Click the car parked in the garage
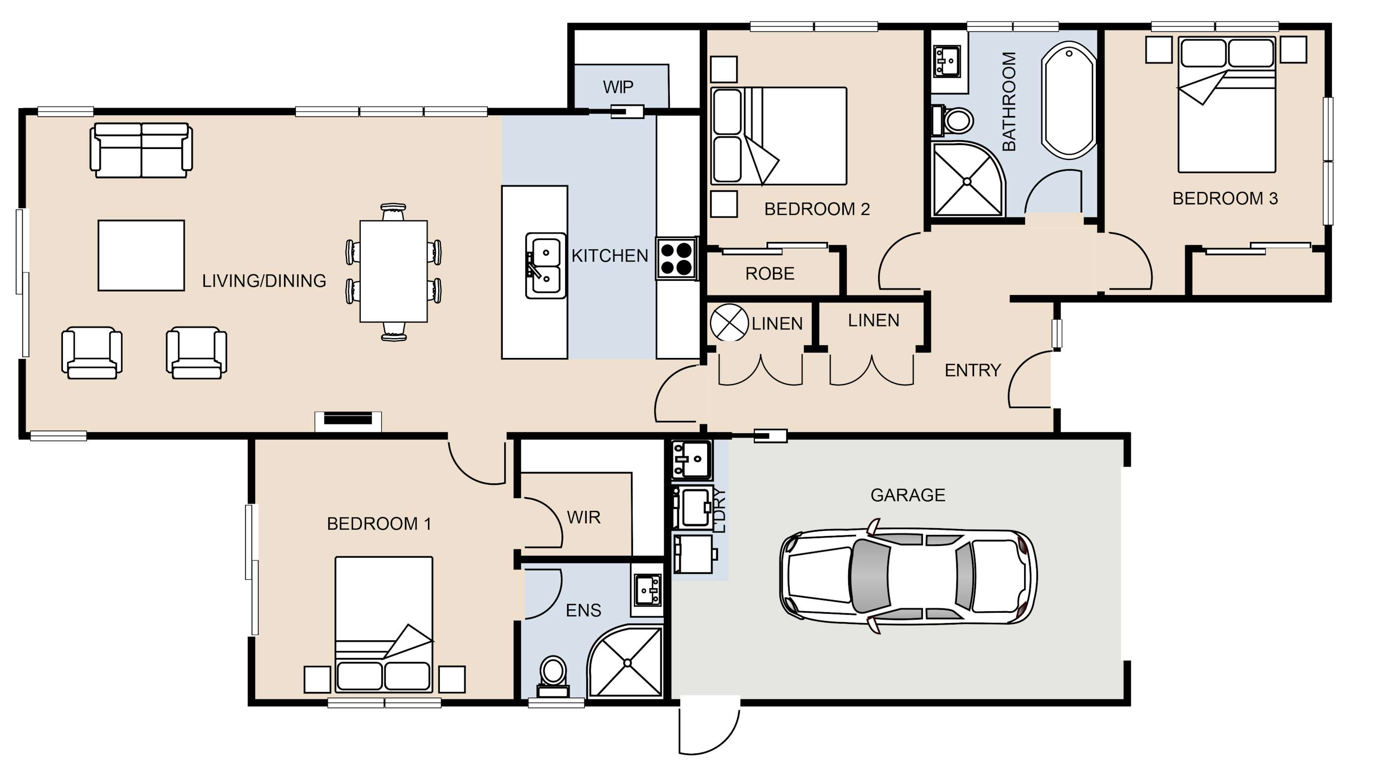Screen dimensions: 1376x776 908,577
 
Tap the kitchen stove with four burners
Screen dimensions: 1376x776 677,259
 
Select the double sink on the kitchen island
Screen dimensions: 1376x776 545,266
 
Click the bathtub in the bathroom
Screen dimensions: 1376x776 1069,100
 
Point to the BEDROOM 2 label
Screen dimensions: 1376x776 817,209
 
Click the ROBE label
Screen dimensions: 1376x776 770,273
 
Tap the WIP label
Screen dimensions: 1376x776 618,87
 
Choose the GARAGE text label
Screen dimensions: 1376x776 908,495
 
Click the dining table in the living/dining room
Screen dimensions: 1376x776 394,271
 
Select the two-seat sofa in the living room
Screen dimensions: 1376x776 141,150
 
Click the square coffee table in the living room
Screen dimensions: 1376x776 141,255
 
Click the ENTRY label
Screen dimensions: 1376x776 972,370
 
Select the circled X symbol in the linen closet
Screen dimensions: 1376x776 729,322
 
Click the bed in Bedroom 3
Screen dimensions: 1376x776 1227,105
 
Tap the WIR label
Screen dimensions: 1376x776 583,517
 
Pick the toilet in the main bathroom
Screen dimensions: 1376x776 951,120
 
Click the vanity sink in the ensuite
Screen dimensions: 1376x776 648,591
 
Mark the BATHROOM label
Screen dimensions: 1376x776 1009,101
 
